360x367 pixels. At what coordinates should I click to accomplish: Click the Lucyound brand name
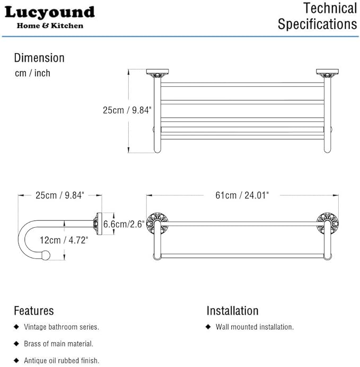click(x=49, y=12)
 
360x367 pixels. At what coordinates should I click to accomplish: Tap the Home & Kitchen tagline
click(x=50, y=25)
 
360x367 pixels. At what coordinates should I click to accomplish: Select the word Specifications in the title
click(x=318, y=24)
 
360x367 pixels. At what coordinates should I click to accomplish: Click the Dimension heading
click(x=39, y=58)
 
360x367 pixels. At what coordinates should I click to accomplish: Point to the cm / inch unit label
click(x=32, y=73)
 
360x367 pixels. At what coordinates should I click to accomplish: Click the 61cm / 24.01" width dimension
click(x=242, y=195)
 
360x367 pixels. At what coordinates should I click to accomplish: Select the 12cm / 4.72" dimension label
click(x=64, y=240)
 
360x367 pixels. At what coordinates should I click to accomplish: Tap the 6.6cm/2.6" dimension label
click(x=124, y=224)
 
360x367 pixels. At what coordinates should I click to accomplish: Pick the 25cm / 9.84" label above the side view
click(x=60, y=195)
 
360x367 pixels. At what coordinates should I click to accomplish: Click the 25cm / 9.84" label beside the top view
click(x=127, y=110)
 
